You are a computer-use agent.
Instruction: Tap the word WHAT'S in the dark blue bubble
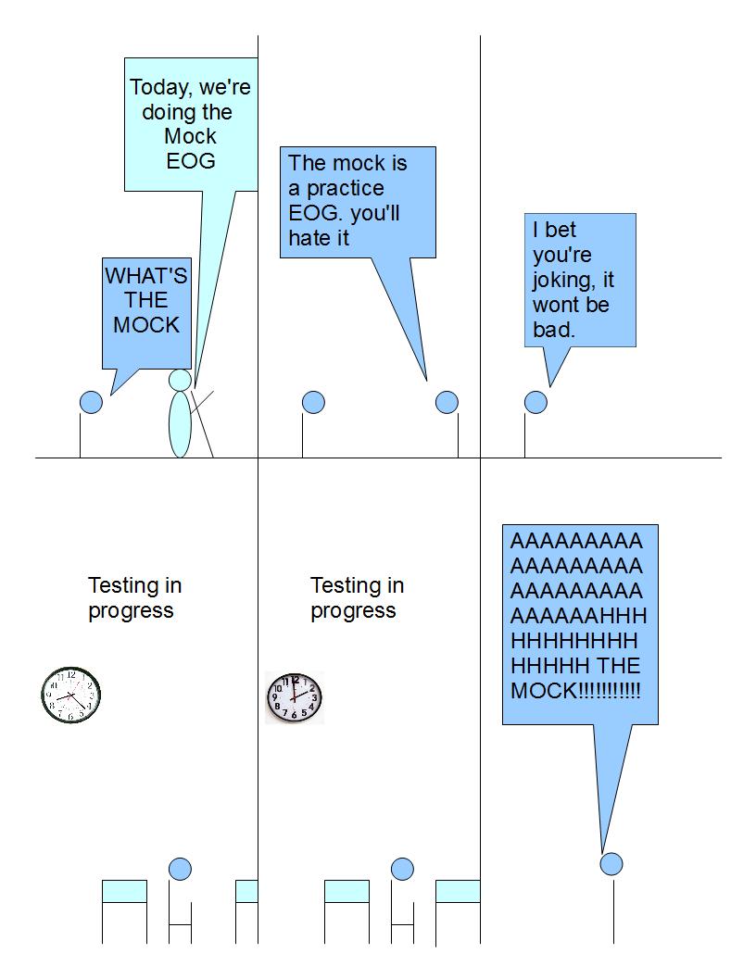pos(145,276)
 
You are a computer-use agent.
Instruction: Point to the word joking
pos(561,280)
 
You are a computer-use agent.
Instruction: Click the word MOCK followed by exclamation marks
pos(543,691)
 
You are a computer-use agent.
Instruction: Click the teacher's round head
pos(180,380)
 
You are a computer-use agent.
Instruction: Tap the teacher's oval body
pos(179,424)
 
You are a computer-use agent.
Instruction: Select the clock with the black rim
pos(70,695)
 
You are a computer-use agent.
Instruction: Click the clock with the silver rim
pos(295,697)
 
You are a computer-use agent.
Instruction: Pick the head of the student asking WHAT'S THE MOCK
pos(91,402)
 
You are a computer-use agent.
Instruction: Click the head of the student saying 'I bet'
pos(535,402)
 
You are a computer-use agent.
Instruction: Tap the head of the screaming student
pos(611,864)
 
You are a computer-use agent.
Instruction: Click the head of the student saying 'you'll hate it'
pos(447,402)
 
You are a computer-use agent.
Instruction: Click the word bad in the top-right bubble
pos(553,330)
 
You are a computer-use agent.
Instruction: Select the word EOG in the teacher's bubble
pos(191,160)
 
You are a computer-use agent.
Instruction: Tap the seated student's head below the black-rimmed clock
pos(180,869)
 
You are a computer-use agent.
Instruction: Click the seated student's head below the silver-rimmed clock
pos(402,869)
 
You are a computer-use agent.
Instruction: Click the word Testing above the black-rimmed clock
pos(121,586)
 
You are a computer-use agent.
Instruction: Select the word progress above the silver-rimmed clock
pos(353,611)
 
